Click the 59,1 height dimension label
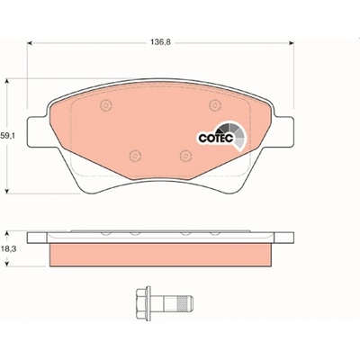coord(8,136)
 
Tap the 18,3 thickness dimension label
coord(8,248)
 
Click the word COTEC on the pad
coord(216,139)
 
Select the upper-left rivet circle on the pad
coord(105,105)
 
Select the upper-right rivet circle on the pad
coord(215,105)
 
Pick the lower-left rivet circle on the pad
coord(135,156)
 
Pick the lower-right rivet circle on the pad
coord(186,156)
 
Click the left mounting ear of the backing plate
coord(38,132)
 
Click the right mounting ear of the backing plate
coord(284,132)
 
